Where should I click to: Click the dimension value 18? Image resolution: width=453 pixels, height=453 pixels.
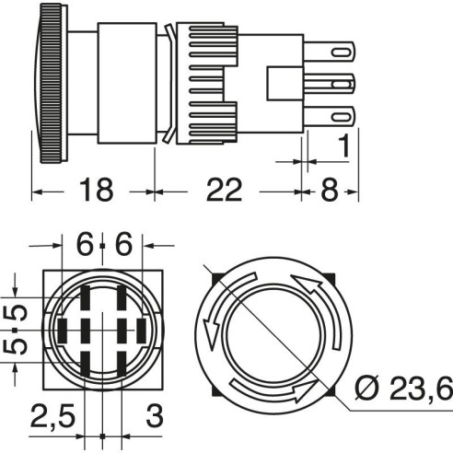[x=96, y=190]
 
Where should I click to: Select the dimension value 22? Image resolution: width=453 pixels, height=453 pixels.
[x=225, y=190]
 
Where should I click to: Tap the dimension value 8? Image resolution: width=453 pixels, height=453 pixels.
[x=330, y=190]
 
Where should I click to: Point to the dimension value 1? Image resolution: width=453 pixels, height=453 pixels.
[x=344, y=145]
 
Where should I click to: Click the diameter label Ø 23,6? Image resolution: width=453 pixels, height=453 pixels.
[x=403, y=389]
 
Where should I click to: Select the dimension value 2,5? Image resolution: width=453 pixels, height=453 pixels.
[x=52, y=416]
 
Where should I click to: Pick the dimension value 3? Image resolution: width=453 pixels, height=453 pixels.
[x=155, y=416]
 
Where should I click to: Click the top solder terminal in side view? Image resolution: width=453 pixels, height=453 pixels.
[x=330, y=52]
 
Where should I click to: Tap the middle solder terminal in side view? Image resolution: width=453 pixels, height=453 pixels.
[x=330, y=84]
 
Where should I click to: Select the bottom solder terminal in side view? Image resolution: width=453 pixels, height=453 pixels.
[x=330, y=117]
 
